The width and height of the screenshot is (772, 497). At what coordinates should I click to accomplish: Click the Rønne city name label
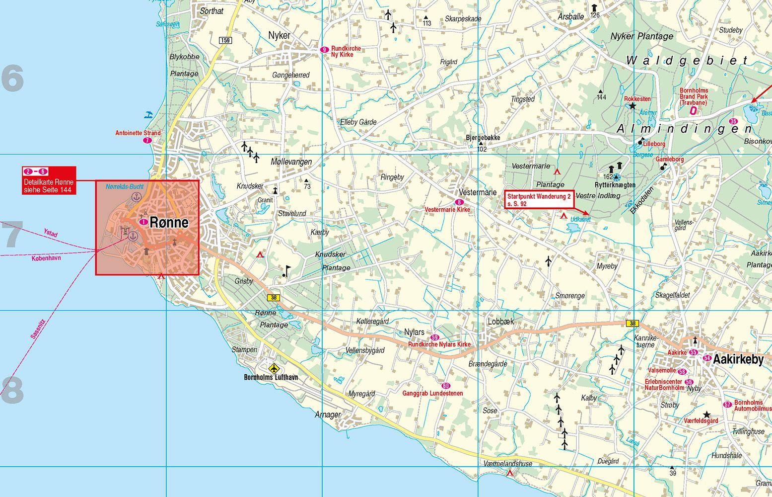(x=169, y=223)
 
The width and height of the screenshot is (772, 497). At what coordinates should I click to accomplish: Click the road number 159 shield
(x=225, y=40)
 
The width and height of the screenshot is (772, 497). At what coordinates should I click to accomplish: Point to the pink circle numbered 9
(x=324, y=49)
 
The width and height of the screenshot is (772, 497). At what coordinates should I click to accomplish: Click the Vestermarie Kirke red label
(x=447, y=210)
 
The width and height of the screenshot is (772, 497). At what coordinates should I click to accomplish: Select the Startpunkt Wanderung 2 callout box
(x=539, y=199)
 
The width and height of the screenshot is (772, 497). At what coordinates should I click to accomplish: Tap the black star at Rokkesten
(x=632, y=106)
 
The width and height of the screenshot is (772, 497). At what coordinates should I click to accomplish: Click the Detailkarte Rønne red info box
(x=49, y=180)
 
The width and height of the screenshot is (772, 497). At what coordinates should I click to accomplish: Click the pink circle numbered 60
(x=445, y=386)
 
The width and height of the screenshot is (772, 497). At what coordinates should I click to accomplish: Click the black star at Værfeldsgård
(x=707, y=414)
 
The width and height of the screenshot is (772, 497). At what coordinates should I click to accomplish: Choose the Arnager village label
(x=328, y=414)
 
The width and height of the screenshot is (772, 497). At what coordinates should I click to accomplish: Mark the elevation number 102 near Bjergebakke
(x=481, y=149)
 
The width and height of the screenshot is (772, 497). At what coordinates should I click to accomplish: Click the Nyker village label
(x=279, y=35)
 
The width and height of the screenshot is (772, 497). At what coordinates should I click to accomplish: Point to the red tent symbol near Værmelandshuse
(x=510, y=473)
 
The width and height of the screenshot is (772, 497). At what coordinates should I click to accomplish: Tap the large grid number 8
(x=12, y=390)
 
